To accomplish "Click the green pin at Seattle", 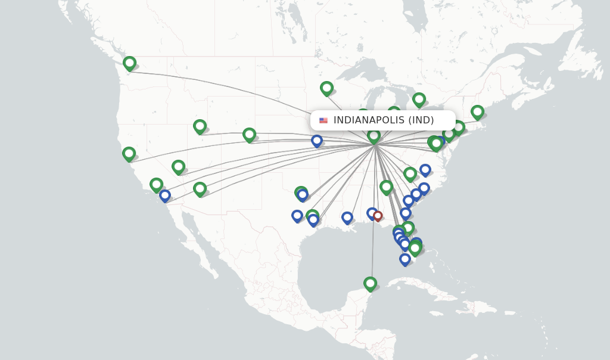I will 129,63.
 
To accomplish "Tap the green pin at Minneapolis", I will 326,88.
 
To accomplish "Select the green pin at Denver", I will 249,134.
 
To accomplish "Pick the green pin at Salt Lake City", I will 200,126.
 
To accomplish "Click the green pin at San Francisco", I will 129,153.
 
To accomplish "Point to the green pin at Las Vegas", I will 178,166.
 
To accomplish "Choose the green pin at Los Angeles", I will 156,184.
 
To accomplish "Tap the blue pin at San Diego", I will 165,195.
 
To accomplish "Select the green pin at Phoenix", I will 200,188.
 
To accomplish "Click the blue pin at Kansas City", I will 317,141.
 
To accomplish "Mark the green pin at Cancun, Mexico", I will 370,283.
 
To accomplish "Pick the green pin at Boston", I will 477,111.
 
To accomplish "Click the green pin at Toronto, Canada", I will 419,99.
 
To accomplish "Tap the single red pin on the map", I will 378,216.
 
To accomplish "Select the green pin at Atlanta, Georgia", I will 386,187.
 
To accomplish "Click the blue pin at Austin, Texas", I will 297,215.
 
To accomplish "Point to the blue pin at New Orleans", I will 347,218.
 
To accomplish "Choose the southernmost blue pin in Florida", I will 405,259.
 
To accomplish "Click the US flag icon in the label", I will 323,120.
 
